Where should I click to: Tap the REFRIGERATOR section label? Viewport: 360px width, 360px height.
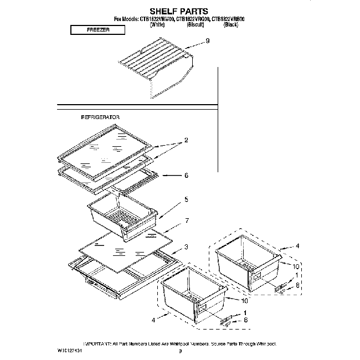(x=100, y=118)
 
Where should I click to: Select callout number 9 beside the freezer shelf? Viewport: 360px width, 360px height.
(x=207, y=41)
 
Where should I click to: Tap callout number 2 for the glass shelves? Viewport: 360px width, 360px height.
(x=186, y=141)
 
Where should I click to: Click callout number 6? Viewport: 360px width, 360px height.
(x=186, y=176)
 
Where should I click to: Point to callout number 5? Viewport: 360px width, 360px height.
(x=186, y=199)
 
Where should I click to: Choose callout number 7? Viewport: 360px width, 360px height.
(x=187, y=221)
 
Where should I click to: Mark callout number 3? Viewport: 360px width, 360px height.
(x=186, y=246)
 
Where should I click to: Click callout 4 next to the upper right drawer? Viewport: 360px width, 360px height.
(x=297, y=246)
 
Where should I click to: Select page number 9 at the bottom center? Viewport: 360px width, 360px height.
(x=180, y=351)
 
